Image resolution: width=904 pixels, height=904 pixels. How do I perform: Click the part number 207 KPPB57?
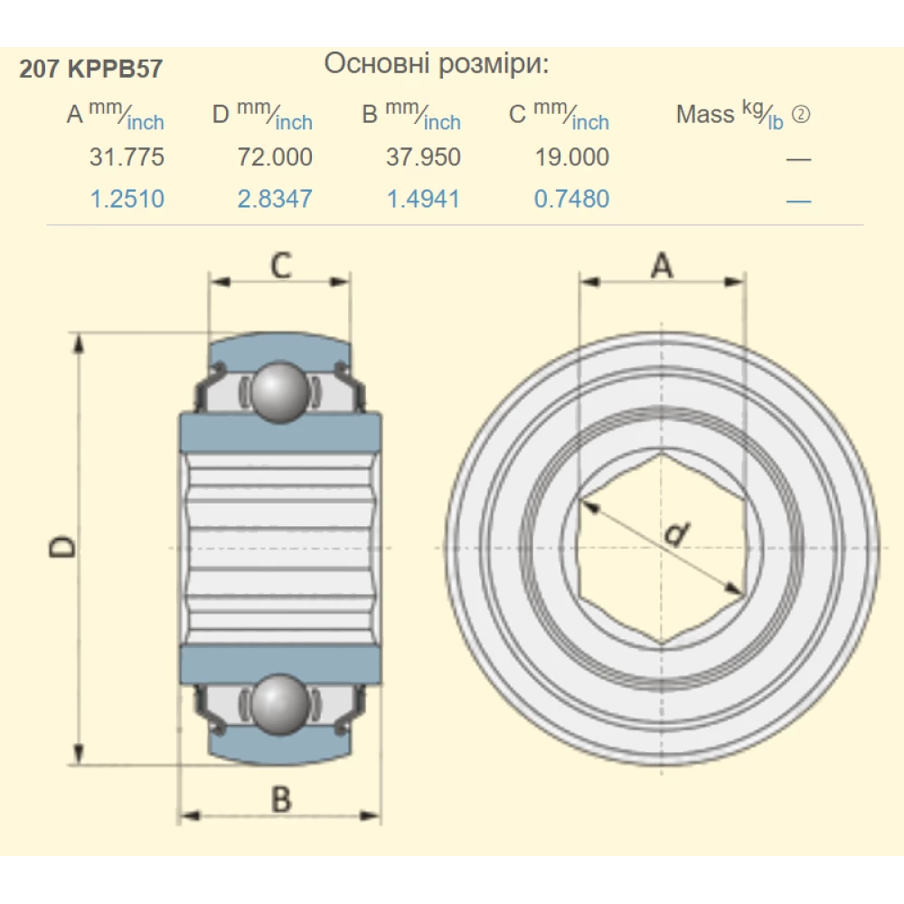coord(90,70)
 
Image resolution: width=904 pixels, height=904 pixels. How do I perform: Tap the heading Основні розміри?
coord(436,64)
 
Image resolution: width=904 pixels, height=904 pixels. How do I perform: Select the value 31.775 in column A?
coord(127,157)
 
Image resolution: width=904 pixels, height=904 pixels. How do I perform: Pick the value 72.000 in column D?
coord(275,157)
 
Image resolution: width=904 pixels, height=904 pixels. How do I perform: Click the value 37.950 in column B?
coord(423,157)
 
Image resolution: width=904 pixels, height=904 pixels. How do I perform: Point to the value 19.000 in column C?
coord(571,157)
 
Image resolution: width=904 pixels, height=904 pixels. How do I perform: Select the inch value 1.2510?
coord(127,199)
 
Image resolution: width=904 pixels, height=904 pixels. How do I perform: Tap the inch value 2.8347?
coord(275,199)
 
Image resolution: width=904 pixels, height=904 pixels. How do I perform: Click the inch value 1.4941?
coord(423,199)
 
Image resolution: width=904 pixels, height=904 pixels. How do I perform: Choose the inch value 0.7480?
coord(571,199)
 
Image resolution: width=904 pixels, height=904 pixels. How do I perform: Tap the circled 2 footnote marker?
coord(800,115)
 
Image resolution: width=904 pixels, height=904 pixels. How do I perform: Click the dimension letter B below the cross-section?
coord(281,799)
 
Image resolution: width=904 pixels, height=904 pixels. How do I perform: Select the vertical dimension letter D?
coord(61,547)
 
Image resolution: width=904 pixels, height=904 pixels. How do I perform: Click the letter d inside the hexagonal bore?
coord(673,536)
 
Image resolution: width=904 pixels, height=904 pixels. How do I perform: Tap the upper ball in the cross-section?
coord(278,391)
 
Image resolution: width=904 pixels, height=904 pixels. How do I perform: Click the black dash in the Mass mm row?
coord(798,159)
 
